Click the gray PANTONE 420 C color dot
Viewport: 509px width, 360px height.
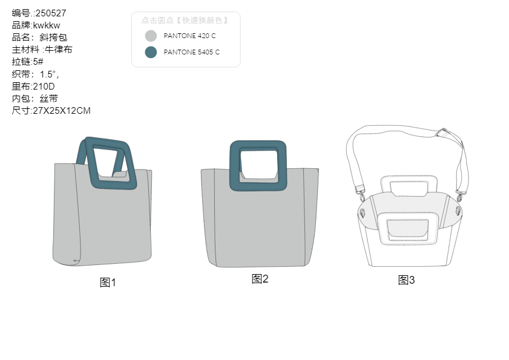151,36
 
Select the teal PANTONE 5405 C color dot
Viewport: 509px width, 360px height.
151,52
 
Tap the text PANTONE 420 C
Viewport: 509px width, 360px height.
189,36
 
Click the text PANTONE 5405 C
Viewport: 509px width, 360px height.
191,52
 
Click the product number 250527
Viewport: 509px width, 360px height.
51,13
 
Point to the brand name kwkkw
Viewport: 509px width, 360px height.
47,25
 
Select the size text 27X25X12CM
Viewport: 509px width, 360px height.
62,111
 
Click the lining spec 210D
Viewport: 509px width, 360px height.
44,87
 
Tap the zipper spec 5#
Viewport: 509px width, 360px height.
38,62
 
